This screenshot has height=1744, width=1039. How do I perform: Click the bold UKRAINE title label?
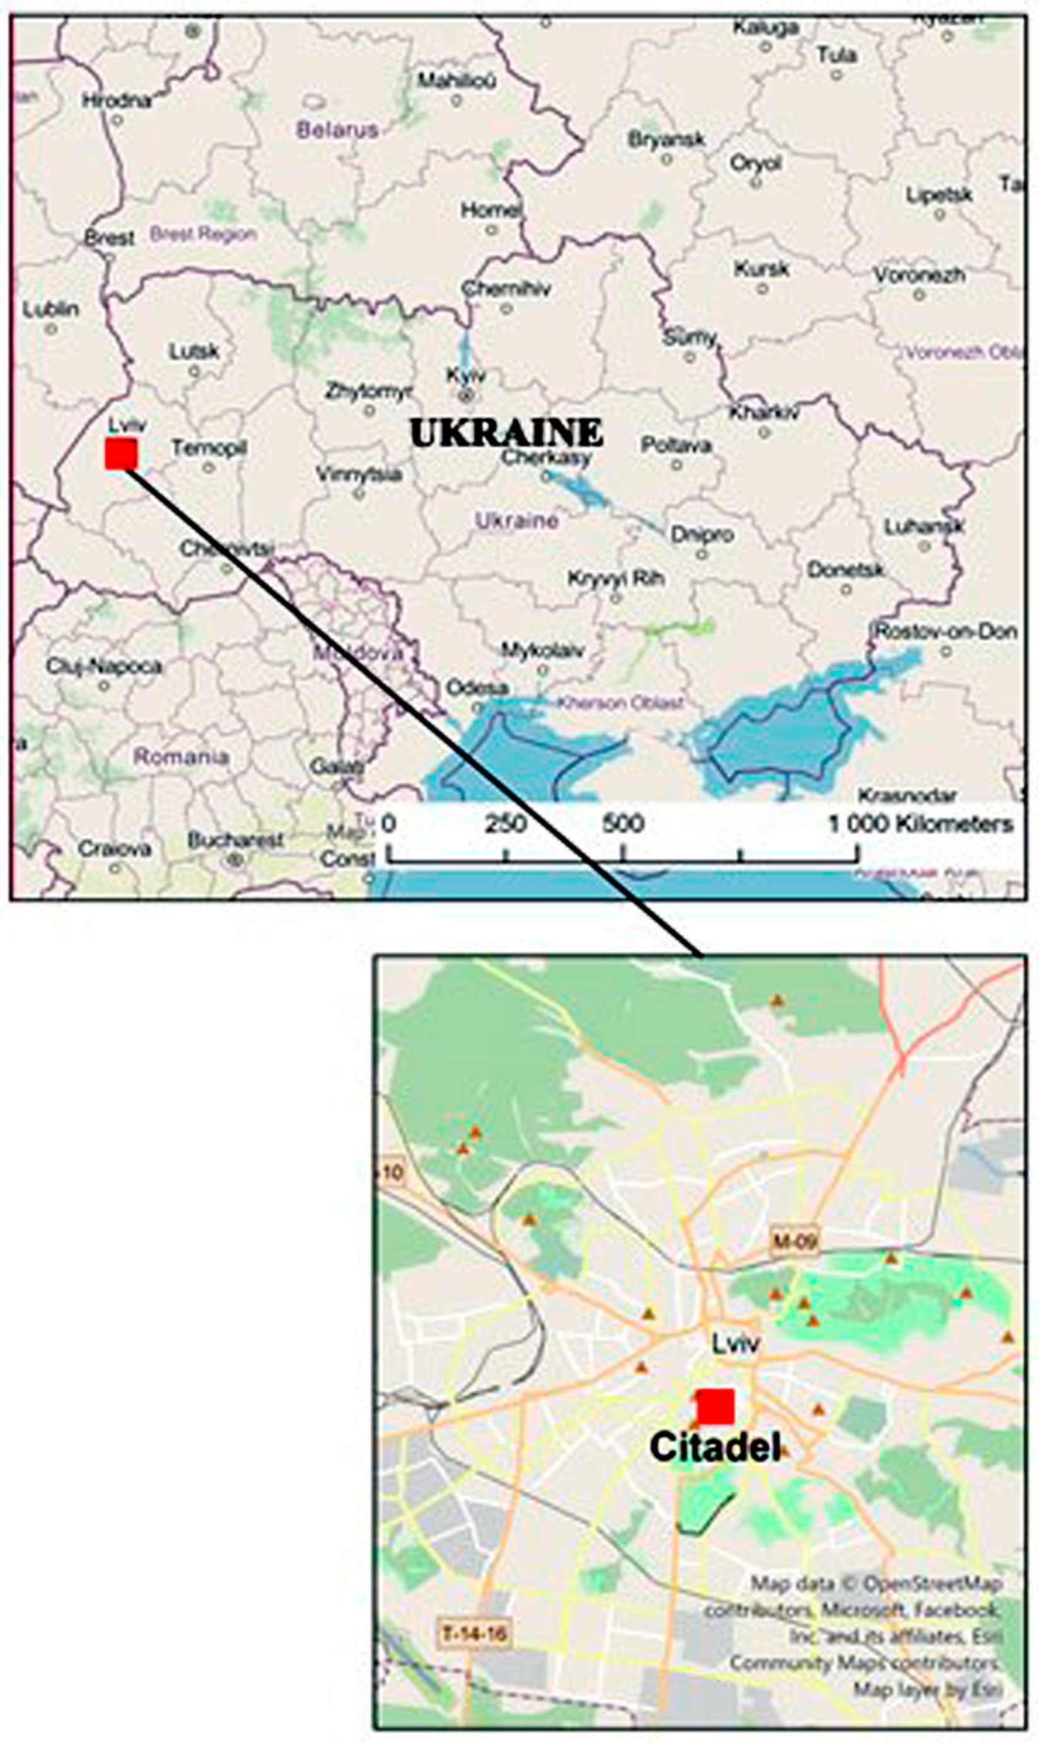[x=506, y=432]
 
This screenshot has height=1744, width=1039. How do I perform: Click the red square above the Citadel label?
[x=716, y=1407]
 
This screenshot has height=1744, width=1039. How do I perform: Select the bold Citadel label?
[x=715, y=1446]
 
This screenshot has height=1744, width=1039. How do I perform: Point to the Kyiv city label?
[x=465, y=376]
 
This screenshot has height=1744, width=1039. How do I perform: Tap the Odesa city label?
[x=477, y=688]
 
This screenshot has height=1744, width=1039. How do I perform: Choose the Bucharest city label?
[x=235, y=840]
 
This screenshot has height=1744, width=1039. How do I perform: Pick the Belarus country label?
[x=337, y=129]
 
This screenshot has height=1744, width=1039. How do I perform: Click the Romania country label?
[x=181, y=756]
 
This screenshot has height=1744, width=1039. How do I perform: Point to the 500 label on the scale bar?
[x=622, y=824]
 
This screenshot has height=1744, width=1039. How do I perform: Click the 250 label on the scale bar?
[x=506, y=824]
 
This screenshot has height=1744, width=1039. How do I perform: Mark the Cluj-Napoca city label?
[x=103, y=665]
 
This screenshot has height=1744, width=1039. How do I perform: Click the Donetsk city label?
[x=845, y=570]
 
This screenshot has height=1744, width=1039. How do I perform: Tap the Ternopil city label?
[x=209, y=448]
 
